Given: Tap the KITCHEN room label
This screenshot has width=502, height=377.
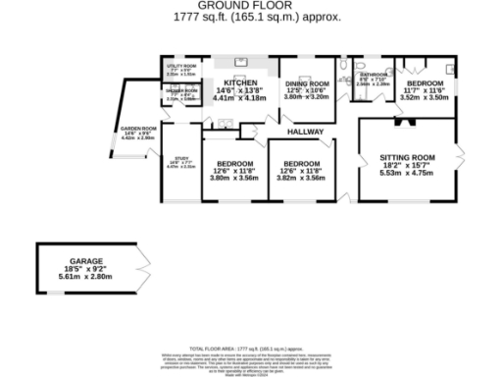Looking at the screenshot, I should click(240, 83).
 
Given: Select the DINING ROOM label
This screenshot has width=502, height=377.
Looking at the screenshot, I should click(306, 84).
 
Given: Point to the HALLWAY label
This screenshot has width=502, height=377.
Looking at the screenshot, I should click(305, 131).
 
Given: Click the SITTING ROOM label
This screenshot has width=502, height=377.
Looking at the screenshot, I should click(407, 157).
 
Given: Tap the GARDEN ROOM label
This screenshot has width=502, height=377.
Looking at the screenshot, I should click(138, 129).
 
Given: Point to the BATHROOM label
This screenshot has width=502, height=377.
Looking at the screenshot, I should click(376, 75).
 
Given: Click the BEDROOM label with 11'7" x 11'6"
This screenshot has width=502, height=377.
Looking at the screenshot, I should click(426, 84).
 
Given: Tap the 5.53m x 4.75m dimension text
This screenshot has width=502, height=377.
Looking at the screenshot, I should click(407, 174).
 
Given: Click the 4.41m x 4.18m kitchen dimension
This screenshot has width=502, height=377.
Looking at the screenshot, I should click(240, 99).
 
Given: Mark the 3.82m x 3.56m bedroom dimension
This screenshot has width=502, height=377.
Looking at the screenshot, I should click(301, 178).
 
